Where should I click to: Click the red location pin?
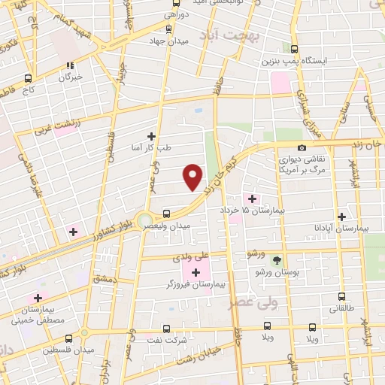point(193,177)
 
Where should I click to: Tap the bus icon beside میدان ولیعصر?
point(166,213)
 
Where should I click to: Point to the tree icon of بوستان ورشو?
point(277,259)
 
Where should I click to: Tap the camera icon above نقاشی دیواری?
point(302,147)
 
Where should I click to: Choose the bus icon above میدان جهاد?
point(167,29)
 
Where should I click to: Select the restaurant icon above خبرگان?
point(71,65)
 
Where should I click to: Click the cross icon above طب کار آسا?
point(151,136)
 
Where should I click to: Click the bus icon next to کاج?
point(29,77)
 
